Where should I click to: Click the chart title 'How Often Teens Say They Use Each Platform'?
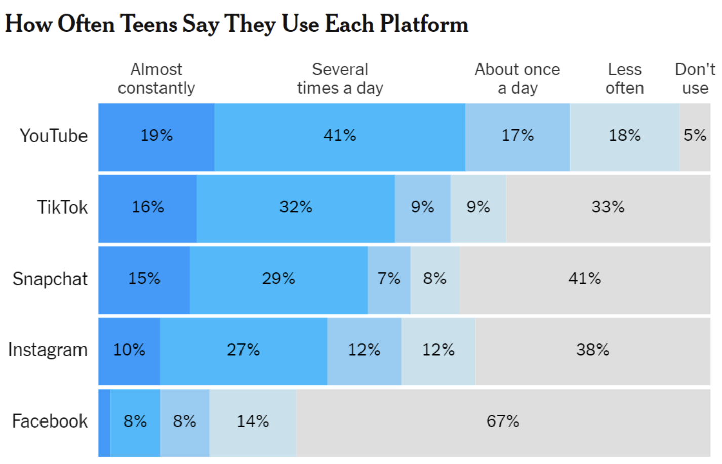coord(236,24)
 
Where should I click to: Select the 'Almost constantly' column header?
coord(156,79)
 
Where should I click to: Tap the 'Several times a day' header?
coord(340,79)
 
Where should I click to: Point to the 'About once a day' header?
coord(517,79)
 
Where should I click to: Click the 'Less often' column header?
coord(624,79)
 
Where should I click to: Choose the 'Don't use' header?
coord(695,79)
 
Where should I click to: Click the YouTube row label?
coord(53,136)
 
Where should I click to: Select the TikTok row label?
coord(62,207)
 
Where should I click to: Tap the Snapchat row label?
coord(50,279)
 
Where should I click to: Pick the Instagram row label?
coord(48,350)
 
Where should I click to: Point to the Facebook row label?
coord(50,421)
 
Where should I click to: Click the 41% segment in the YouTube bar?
coord(340,137)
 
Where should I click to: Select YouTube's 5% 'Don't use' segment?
coord(695,137)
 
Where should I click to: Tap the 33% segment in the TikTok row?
coord(608,208)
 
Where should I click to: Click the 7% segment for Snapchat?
coord(388,280)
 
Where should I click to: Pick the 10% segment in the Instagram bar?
coord(129,351)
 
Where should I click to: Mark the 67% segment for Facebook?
coord(503,422)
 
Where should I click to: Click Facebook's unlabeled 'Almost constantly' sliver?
coord(104,422)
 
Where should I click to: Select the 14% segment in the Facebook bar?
coord(253,422)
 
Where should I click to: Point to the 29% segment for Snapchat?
coord(278,280)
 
